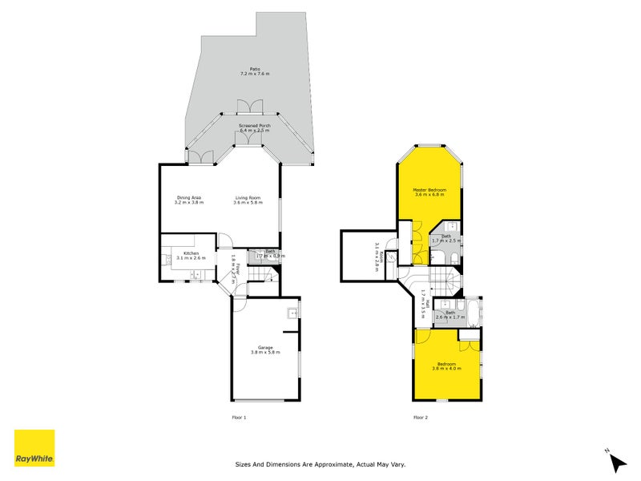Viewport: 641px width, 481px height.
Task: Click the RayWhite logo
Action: tap(34, 448)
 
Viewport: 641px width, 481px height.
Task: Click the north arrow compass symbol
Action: tap(616, 461)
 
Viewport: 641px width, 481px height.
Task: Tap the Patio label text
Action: tap(255, 71)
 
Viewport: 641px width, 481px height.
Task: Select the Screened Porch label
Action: tap(255, 127)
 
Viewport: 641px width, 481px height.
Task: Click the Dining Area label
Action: tap(189, 200)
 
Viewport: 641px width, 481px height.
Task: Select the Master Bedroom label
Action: tap(430, 192)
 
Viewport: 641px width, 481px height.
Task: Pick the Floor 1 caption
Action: tap(239, 418)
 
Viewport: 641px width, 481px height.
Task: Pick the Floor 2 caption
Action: tap(421, 418)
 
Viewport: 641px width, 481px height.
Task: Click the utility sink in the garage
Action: tap(292, 313)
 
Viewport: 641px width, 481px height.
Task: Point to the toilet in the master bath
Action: tap(454, 257)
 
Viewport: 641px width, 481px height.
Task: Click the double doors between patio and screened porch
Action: tap(250, 107)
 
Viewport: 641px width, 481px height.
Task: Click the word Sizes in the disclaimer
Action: tap(244, 464)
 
